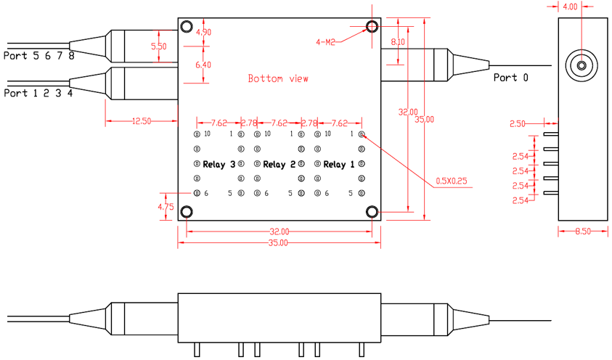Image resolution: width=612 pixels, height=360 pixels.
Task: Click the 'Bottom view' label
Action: (x=278, y=78)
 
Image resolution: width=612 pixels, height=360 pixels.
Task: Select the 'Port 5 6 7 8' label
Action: (x=38, y=56)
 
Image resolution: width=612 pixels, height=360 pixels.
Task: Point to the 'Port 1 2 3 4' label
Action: (x=38, y=93)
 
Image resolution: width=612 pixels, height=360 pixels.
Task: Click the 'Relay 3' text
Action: (x=219, y=165)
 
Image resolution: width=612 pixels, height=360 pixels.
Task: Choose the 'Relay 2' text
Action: (x=279, y=165)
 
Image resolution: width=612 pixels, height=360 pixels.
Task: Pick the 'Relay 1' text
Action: (x=339, y=165)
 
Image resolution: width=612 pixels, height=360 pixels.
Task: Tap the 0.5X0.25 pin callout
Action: (x=451, y=180)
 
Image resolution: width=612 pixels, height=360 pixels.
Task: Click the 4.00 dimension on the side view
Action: (x=571, y=7)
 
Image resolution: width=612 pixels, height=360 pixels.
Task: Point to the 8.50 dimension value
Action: (x=582, y=232)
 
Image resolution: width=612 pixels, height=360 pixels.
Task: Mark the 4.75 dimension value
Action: (x=166, y=207)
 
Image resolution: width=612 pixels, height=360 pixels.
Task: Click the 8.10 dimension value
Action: (x=398, y=42)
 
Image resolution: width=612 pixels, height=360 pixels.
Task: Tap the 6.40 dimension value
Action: (x=204, y=65)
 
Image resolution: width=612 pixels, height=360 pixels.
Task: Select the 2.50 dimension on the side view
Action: (x=518, y=124)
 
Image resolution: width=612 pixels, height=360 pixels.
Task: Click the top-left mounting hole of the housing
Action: (x=187, y=28)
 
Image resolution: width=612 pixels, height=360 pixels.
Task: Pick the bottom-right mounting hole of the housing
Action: (x=372, y=211)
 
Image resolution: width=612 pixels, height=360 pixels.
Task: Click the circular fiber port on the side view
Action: (x=582, y=65)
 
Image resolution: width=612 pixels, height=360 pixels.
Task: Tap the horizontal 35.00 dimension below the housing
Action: (x=279, y=243)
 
